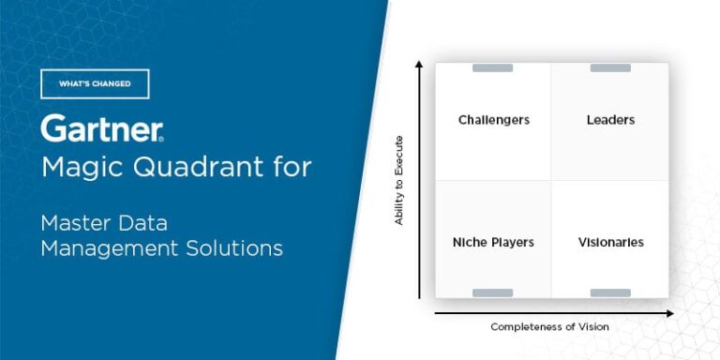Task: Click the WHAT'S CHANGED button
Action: (x=95, y=83)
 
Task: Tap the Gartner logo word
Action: (x=101, y=129)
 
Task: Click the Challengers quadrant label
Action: (x=494, y=120)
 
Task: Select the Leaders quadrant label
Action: (x=610, y=120)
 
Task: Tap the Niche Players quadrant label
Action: (x=493, y=242)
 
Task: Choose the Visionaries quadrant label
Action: (x=610, y=242)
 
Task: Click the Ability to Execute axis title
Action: (x=399, y=181)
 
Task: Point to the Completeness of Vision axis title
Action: (x=549, y=326)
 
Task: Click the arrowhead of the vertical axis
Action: (x=419, y=64)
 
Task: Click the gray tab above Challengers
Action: (x=492, y=67)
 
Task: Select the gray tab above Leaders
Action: (x=610, y=67)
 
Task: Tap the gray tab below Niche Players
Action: (x=492, y=292)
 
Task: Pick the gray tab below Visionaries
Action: (x=610, y=292)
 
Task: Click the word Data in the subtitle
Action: (x=150, y=223)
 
